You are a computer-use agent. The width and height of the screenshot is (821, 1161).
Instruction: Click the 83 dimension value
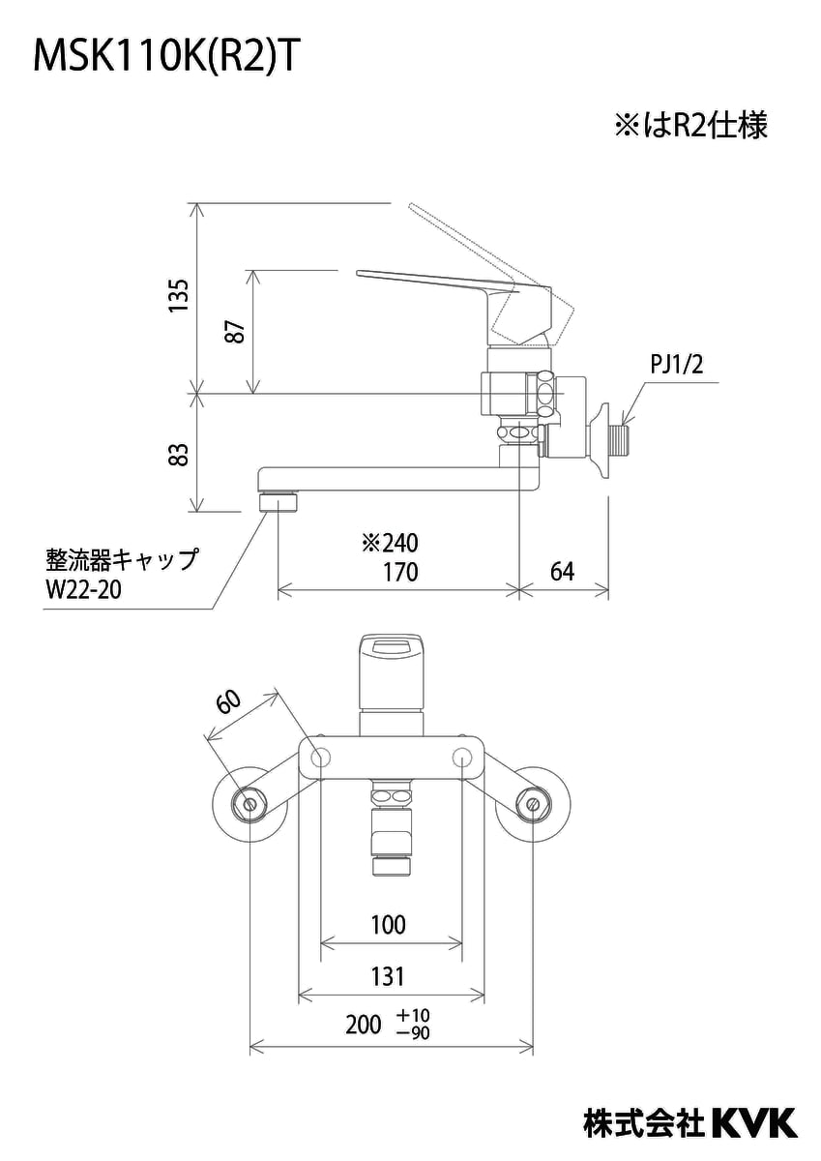tap(177, 453)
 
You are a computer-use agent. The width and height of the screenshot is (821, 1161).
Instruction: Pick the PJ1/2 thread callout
tap(677, 366)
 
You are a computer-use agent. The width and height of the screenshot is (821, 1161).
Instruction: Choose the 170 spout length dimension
tap(397, 572)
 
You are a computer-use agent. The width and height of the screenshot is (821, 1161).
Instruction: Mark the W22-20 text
tap(83, 590)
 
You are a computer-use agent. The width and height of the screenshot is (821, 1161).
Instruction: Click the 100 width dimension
tap(388, 925)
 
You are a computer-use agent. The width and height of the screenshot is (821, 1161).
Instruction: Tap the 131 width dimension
tap(388, 976)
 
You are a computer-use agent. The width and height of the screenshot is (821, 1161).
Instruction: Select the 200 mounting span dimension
tap(364, 1027)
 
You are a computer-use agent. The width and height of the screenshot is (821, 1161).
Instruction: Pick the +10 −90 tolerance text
tap(413, 1025)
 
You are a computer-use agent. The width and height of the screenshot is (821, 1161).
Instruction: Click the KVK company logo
tap(755, 1122)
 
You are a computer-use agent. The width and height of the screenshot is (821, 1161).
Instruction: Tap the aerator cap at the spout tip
tap(280, 501)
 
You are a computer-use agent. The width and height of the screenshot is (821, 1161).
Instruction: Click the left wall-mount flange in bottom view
tap(249, 802)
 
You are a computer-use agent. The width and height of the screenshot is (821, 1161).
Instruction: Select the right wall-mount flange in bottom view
tap(531, 802)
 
